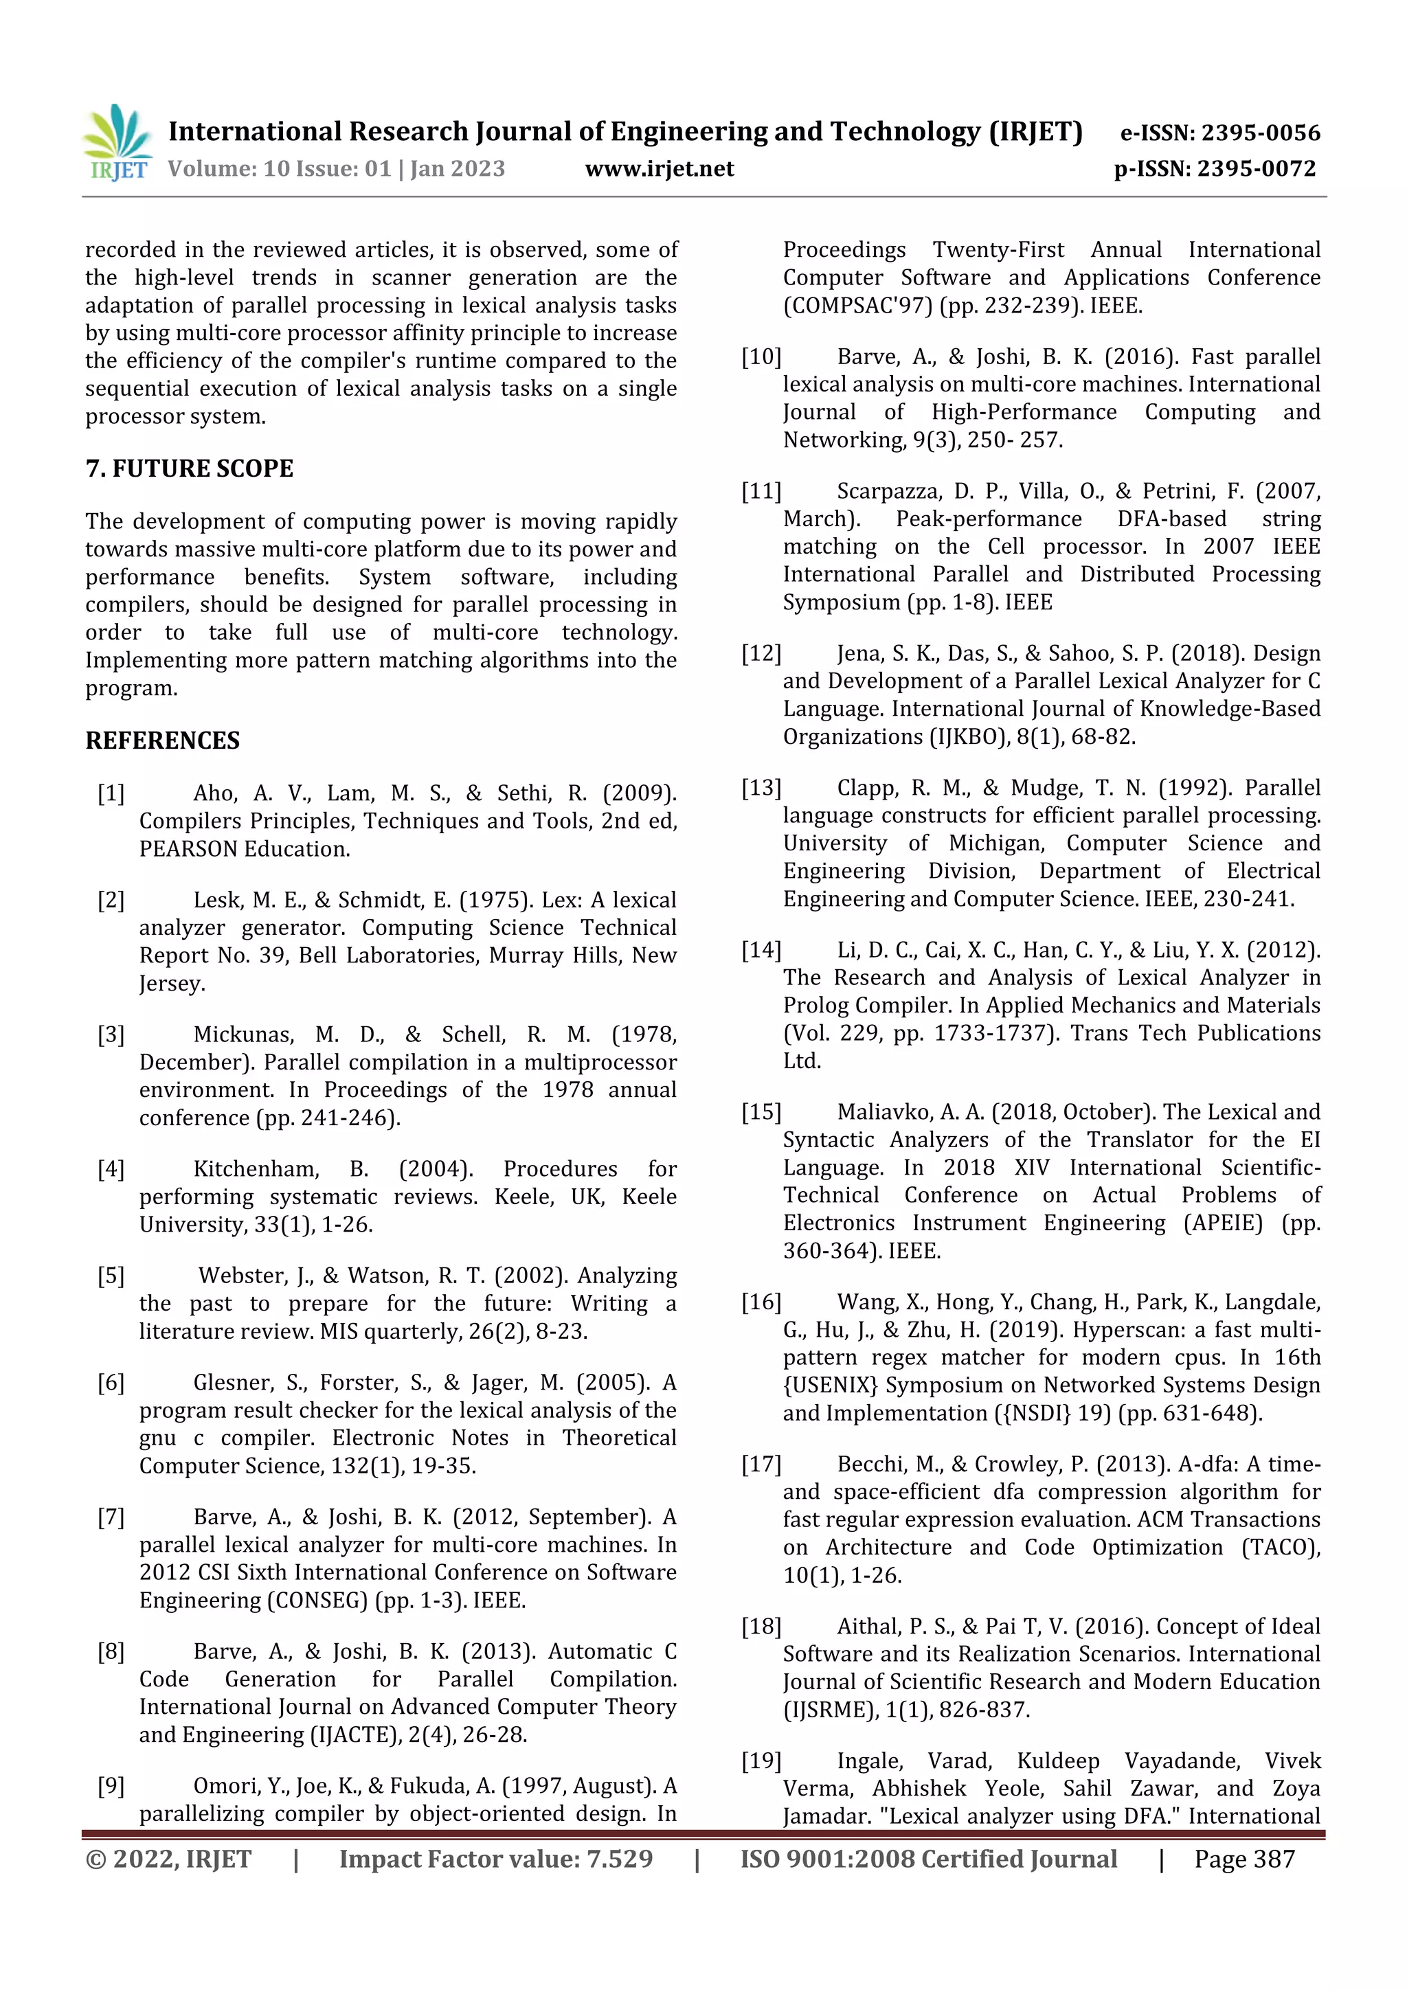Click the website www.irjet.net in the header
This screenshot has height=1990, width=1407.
[659, 169]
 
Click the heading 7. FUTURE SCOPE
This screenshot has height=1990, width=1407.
[189, 469]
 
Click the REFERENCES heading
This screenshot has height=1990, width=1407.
[162, 741]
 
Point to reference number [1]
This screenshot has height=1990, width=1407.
[111, 794]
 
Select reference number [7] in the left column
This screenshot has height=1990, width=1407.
[111, 1517]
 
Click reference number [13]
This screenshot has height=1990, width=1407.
[761, 789]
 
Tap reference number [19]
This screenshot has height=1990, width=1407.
[761, 1761]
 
